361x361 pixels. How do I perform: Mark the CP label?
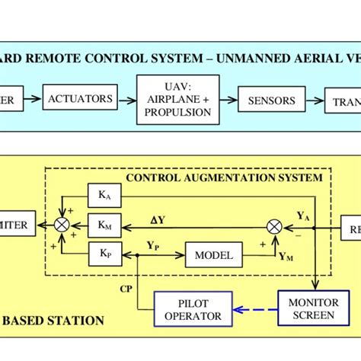126,289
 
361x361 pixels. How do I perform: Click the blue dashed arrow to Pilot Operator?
255,309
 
